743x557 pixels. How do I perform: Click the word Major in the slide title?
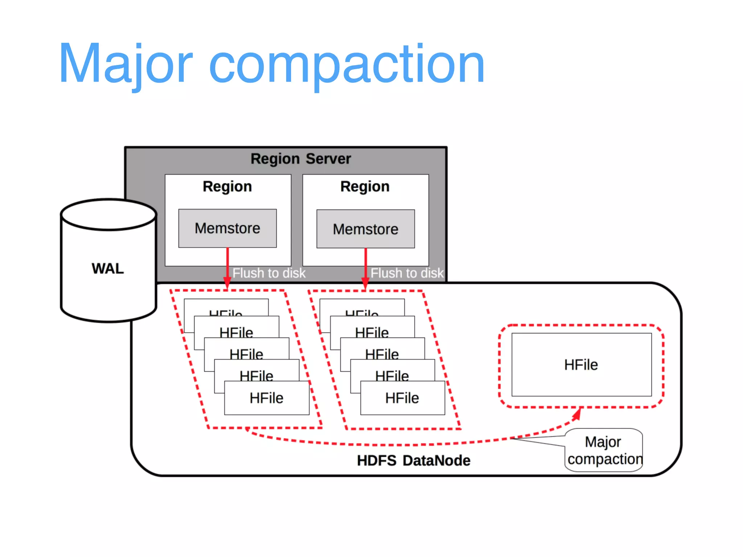coord(125,65)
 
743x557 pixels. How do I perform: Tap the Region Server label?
coord(301,159)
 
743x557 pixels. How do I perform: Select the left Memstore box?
coord(227,228)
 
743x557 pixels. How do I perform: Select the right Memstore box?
coord(365,229)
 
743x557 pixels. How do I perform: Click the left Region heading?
coord(227,186)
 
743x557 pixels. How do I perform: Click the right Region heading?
coord(365,186)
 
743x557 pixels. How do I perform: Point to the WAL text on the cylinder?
coord(108,269)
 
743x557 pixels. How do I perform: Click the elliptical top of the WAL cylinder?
coord(109,215)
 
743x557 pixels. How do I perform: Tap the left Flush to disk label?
coord(269,273)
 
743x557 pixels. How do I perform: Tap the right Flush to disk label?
coord(407,273)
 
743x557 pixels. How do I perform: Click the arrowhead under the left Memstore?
coord(227,283)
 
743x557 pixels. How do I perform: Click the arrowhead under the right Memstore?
coord(365,283)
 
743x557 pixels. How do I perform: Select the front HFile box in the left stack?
coord(267,398)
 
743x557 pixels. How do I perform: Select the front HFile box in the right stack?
coord(402,398)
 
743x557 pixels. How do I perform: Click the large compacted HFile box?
coord(581,365)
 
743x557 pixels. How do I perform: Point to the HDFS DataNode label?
coord(414,461)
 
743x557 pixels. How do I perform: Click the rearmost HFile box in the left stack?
coord(226,307)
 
